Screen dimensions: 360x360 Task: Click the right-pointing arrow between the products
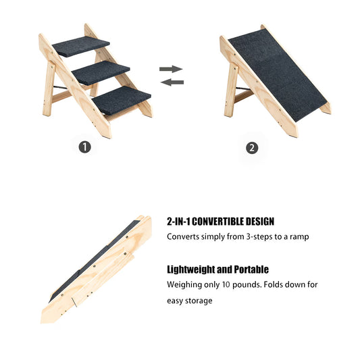pyautogui.click(x=172, y=69)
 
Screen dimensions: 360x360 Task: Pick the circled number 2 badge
pyautogui.click(x=252, y=148)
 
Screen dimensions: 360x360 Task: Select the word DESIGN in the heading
pyautogui.click(x=259, y=222)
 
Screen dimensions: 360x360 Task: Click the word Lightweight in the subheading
pyautogui.click(x=192, y=269)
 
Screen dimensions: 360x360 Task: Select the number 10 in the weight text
pyautogui.click(x=226, y=284)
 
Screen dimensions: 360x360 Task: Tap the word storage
pyautogui.click(x=199, y=301)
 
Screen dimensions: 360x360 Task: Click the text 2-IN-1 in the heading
pyautogui.click(x=179, y=222)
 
